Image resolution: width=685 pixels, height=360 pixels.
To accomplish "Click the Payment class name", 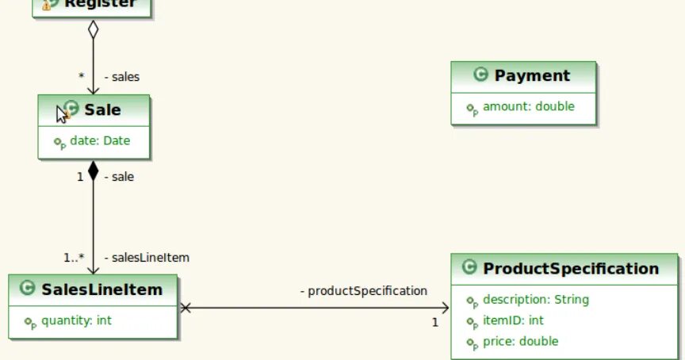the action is coord(532,76).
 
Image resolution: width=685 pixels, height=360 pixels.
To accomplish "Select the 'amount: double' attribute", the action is coord(528,106).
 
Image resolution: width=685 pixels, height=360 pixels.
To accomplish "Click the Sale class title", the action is coord(102,110).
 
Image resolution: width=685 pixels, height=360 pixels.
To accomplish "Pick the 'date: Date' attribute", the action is coord(100,141).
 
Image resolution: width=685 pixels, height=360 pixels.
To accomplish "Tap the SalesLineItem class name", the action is coord(101,289).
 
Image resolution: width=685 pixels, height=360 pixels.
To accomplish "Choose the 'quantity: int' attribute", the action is coord(76,321).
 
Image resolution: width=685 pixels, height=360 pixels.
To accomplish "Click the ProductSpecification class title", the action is coord(571,269).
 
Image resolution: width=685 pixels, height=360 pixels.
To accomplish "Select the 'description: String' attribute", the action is coord(535,300).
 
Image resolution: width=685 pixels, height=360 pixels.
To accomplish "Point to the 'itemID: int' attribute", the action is coord(513,320).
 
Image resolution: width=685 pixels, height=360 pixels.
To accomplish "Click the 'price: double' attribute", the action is coord(520,341).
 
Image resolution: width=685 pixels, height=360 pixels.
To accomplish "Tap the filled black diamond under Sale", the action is coord(93,171).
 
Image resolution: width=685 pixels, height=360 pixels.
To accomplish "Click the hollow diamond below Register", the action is coord(93,30).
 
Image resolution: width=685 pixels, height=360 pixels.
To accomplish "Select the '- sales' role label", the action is coord(122,77).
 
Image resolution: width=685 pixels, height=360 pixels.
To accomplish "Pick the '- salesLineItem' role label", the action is coord(147,258).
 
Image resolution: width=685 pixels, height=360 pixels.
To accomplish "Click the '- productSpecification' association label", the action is coord(364,291).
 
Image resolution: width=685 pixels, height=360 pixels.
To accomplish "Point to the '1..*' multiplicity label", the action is coord(74,258).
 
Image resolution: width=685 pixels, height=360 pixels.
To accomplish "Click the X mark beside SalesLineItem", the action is coord(186,308).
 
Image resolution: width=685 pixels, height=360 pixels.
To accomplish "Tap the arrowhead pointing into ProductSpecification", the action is coord(445,308).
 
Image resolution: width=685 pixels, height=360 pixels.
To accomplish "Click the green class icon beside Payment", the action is coord(480,75).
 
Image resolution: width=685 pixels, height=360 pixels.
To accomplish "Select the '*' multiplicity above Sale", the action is coord(81,77).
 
